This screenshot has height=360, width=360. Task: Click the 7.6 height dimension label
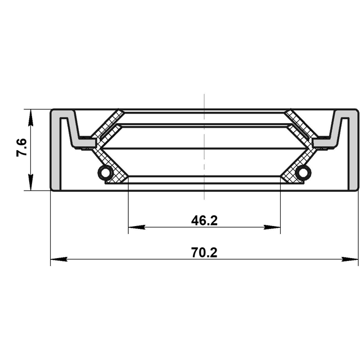point(22,147)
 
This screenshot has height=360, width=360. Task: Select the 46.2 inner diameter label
point(204,220)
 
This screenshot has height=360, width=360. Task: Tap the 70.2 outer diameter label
point(204,253)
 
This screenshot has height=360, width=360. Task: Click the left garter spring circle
point(105,172)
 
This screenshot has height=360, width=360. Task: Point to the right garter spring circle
point(303,172)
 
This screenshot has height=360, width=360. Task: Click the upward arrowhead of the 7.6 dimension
point(31,118)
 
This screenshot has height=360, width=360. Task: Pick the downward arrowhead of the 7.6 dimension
point(31,182)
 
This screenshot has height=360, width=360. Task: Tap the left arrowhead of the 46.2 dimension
point(137,227)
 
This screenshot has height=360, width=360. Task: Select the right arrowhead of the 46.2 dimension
point(272,227)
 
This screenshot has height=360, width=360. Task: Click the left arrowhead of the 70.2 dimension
point(58,259)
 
